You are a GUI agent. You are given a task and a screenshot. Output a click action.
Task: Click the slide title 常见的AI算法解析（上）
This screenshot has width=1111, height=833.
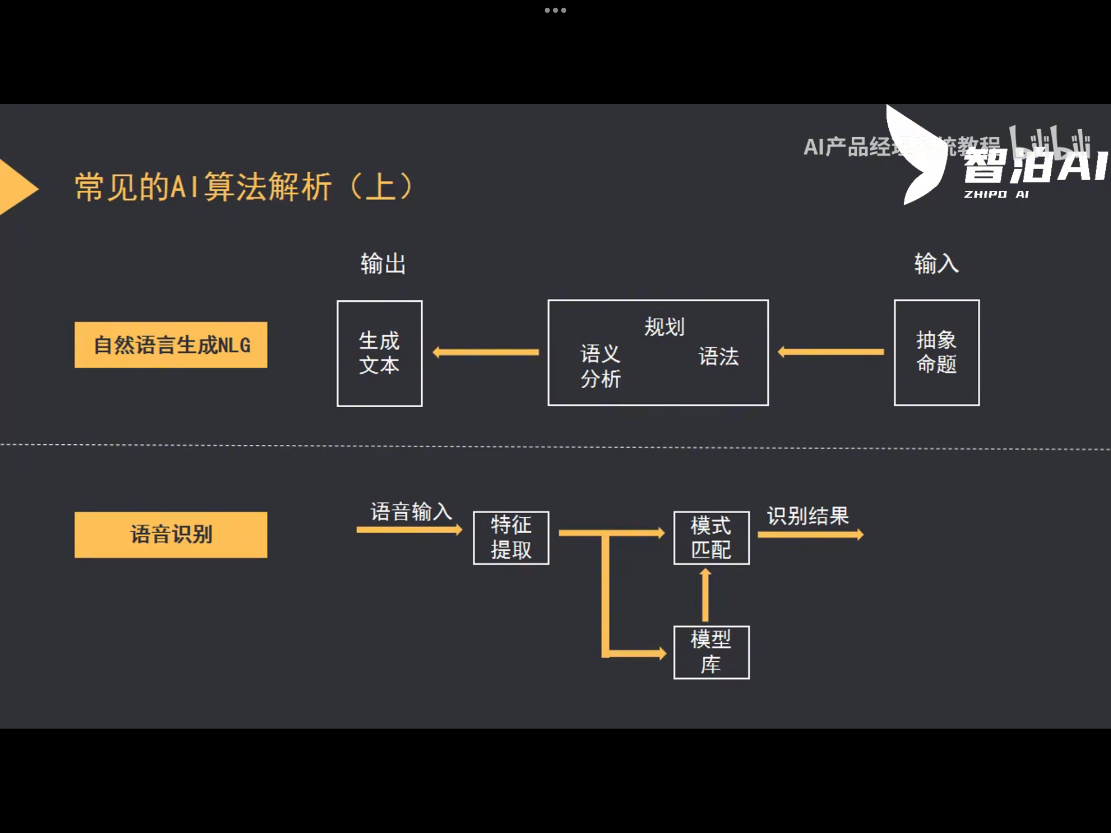coord(244,186)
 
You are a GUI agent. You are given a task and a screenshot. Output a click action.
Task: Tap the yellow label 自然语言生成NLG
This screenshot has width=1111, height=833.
coord(171,345)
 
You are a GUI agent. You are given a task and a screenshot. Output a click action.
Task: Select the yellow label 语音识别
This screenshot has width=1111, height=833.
coord(171,535)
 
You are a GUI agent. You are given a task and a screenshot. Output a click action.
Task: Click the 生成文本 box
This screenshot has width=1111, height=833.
coord(380,353)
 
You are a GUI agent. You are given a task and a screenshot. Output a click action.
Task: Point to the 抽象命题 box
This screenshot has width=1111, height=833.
coord(937,353)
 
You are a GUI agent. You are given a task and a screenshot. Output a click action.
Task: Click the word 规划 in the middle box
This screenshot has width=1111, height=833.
coord(664,327)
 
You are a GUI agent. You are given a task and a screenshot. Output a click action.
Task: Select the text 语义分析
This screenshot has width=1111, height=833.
coord(600,366)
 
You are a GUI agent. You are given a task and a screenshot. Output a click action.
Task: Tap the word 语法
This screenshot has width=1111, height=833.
coord(719,356)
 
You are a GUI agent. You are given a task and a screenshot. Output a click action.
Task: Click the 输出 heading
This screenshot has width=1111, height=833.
coord(383,264)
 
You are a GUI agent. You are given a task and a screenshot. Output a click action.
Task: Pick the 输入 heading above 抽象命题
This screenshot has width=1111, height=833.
coord(936,264)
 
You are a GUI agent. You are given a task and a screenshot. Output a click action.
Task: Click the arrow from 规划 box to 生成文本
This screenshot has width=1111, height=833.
coord(486,352)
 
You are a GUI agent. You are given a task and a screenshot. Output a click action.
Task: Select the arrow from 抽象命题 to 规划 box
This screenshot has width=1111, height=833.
coord(831,352)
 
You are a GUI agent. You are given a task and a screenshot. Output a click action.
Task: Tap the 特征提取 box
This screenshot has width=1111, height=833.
coord(511,538)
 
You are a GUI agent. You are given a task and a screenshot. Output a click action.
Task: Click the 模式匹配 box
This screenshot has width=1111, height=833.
coord(711,538)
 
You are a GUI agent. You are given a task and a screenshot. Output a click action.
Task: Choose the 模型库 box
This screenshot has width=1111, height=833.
coord(711,653)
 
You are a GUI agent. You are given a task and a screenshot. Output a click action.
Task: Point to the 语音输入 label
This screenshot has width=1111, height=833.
coord(411,512)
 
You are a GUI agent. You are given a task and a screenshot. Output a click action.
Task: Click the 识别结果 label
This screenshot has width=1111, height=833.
coord(808,516)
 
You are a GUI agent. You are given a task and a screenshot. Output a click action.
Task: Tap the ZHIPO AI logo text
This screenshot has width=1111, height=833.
coord(996,194)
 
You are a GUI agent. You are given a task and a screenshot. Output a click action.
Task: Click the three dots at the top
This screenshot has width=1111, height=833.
coord(555,10)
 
